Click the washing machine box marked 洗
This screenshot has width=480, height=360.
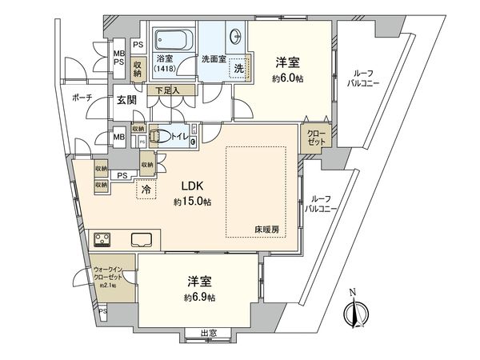pyautogui.click(x=238, y=69)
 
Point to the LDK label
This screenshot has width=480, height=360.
pyautogui.click(x=191, y=186)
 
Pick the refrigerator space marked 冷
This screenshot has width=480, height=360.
pyautogui.click(x=146, y=190)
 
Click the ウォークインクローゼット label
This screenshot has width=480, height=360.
pyautogui.click(x=106, y=275)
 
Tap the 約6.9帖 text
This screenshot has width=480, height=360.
pyautogui.click(x=199, y=297)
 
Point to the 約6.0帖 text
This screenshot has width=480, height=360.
pyautogui.click(x=287, y=78)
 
